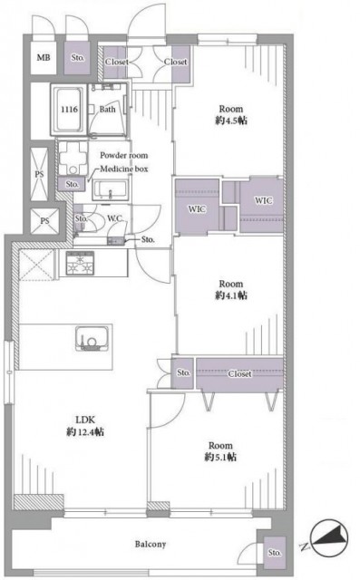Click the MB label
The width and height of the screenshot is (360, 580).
tap(44, 58)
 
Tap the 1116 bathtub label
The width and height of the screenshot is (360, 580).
tap(69, 110)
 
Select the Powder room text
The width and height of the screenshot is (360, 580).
tap(123, 155)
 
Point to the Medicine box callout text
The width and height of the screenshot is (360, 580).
tap(124, 169)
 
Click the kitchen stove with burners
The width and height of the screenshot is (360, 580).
tap(80, 263)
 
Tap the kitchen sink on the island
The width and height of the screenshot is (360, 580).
tap(92, 338)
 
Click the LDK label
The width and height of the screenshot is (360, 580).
tap(85, 420)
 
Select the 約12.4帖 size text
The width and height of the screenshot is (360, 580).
tap(85, 431)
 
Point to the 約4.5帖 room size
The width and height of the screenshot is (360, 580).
tap(231, 121)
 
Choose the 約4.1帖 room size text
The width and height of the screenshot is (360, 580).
tap(231, 295)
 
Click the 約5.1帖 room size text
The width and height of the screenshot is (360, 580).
tap(220, 457)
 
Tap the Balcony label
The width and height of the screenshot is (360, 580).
tap(151, 545)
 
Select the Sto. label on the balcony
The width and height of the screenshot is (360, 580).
tap(275, 553)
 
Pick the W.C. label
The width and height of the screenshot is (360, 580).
tap(115, 218)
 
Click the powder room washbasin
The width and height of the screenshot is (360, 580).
tap(111, 189)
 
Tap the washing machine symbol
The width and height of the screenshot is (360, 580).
tap(73, 159)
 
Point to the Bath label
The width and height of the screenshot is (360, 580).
tap(107, 110)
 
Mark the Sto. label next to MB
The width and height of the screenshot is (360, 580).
tap(78, 58)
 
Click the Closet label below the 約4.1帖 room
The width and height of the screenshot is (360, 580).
tap(239, 374)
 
